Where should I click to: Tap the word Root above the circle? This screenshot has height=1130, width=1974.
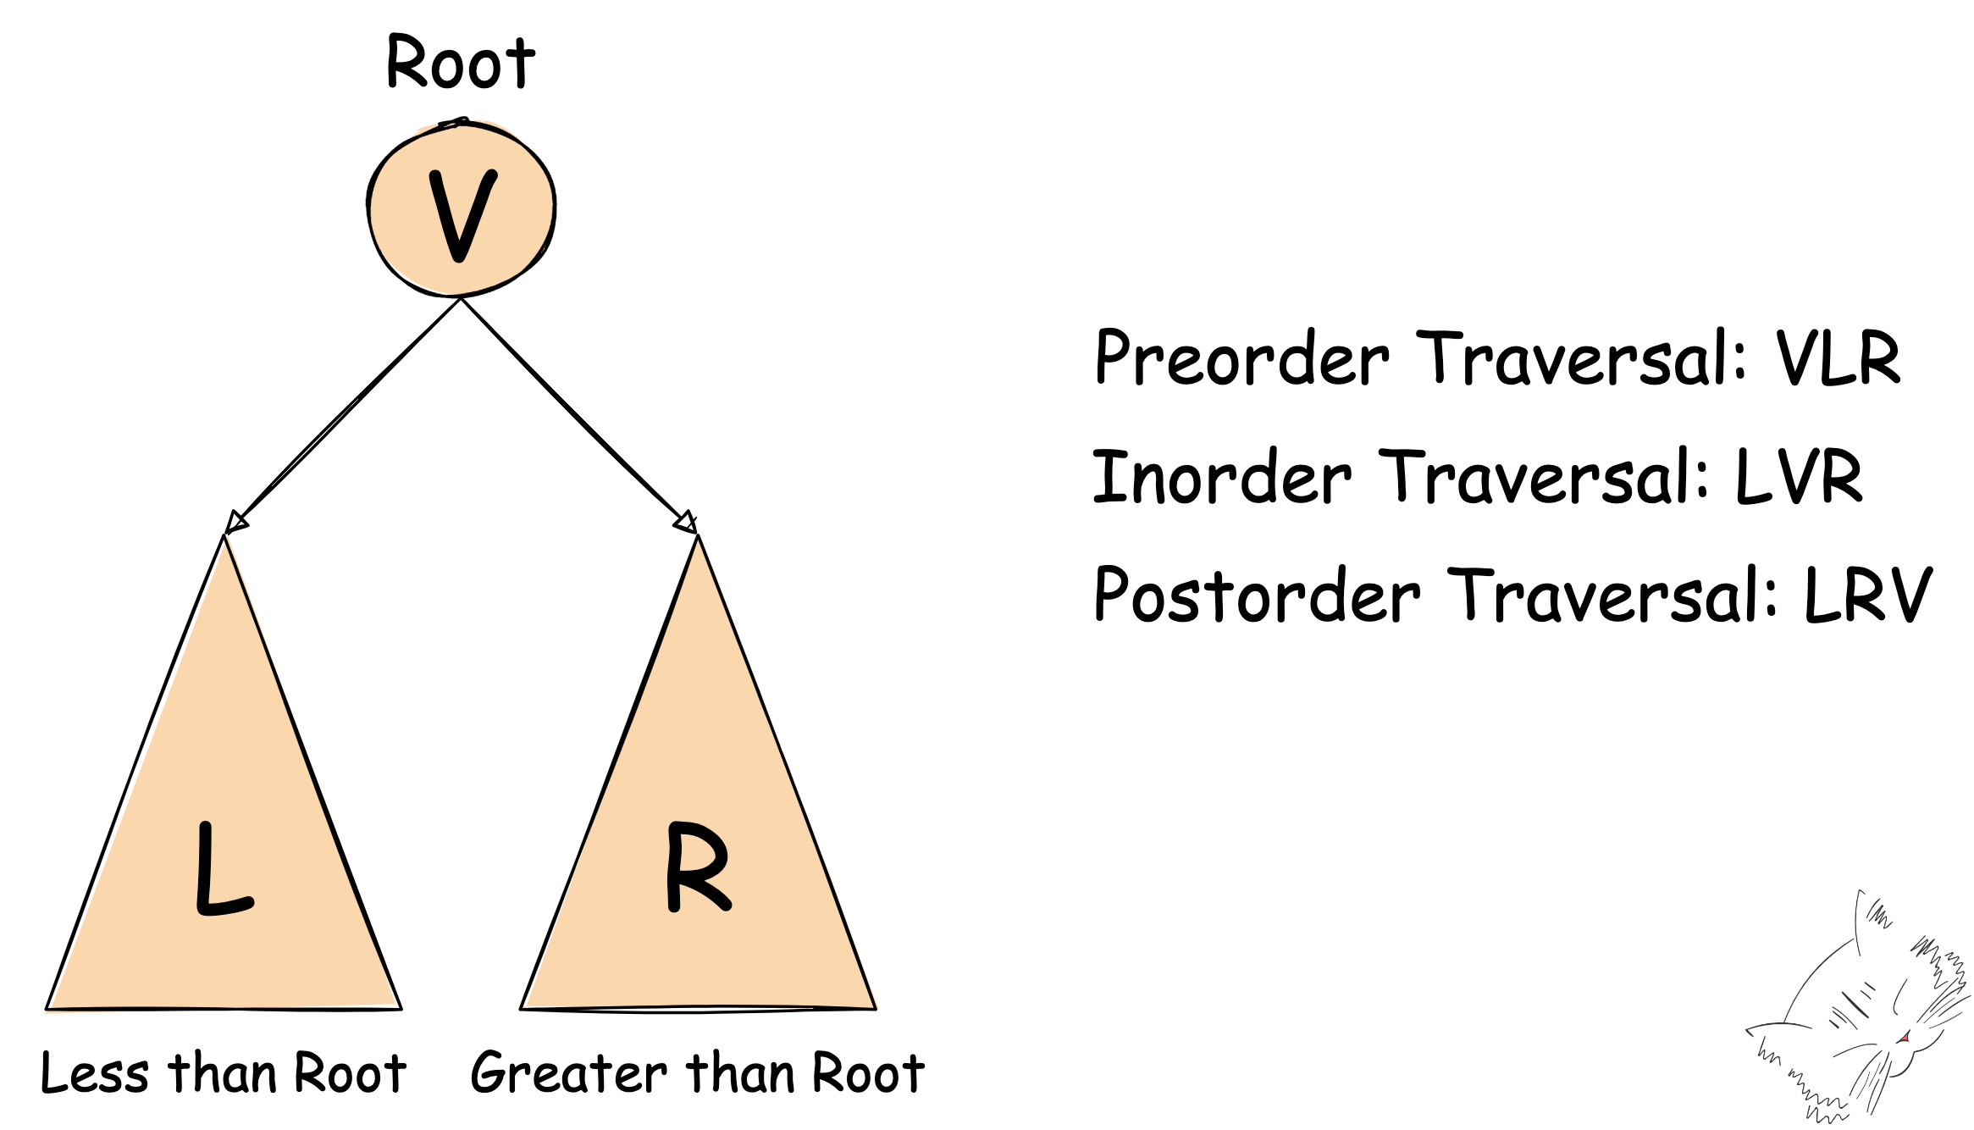coord(461,63)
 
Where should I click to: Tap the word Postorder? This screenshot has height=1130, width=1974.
coord(1257,595)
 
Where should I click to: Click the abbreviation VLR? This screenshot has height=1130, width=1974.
coord(1838,358)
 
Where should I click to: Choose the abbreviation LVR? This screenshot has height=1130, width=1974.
coord(1799,477)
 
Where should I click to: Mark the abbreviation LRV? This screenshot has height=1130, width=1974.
coord(1868,595)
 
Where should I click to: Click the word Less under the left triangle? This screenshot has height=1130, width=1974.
coord(95,1074)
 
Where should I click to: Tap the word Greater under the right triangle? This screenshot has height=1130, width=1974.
coord(568,1074)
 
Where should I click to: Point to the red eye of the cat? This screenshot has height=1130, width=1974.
coord(1905,1038)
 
